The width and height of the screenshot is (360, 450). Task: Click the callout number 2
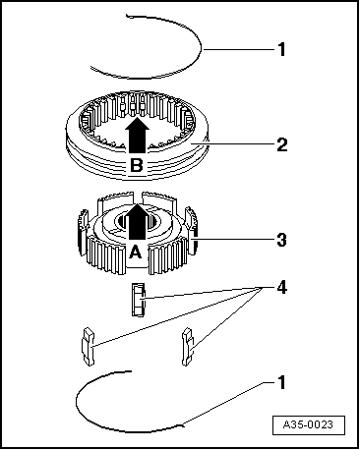tap(282, 144)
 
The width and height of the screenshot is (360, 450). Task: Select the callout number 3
tap(281, 240)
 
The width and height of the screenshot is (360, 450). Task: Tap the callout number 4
tap(281, 288)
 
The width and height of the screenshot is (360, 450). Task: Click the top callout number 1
tap(281, 49)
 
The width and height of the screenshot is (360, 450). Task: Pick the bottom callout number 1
tap(281, 382)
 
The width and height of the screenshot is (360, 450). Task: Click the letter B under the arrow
tap(137, 165)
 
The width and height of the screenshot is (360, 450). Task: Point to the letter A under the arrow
tap(136, 253)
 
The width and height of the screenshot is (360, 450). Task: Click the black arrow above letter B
tap(137, 135)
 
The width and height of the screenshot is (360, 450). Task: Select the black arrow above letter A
tap(137, 221)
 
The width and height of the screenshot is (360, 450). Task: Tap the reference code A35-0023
tap(309, 424)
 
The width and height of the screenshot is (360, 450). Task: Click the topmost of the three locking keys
tap(138, 300)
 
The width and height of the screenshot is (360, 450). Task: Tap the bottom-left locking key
tap(88, 346)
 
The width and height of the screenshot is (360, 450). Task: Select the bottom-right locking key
tap(187, 346)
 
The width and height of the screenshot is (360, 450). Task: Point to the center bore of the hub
tap(137, 222)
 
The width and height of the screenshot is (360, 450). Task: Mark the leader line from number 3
tap(235, 239)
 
